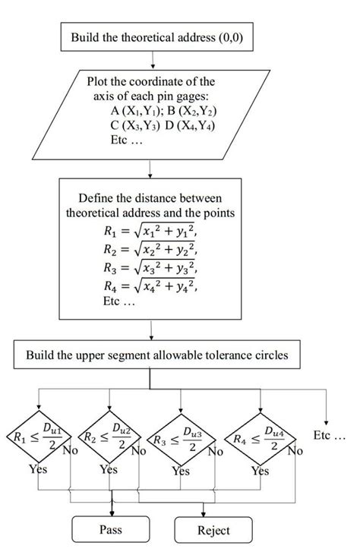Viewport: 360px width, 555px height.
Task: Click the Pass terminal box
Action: pyautogui.click(x=110, y=529)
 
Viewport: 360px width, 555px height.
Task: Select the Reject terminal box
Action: pyautogui.click(x=213, y=530)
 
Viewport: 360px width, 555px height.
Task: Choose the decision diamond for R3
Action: pyautogui.click(x=181, y=440)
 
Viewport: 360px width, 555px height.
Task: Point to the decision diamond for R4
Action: pyautogui.click(x=261, y=439)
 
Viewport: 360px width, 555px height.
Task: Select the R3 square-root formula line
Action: pyautogui.click(x=150, y=267)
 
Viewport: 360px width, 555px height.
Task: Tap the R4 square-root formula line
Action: pyautogui.click(x=150, y=285)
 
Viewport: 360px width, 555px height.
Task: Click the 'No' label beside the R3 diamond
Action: pyautogui.click(x=215, y=452)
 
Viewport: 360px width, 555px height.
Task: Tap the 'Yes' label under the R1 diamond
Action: pyautogui.click(x=38, y=469)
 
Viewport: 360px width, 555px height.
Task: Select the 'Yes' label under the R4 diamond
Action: pyautogui.click(x=261, y=471)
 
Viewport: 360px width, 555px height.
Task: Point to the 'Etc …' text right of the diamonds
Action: pyautogui.click(x=329, y=435)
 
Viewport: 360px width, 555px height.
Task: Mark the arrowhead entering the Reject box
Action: pyautogui.click(x=204, y=514)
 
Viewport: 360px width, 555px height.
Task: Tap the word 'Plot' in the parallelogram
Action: pyautogui.click(x=96, y=81)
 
